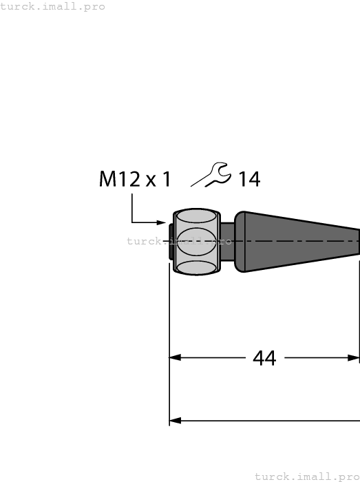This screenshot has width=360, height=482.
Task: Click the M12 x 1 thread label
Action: (135, 180)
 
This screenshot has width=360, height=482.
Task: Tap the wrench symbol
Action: (211, 175)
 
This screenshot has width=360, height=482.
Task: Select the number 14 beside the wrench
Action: (248, 180)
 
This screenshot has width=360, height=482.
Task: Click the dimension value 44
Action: (264, 358)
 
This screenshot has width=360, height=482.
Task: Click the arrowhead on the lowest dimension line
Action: (175, 420)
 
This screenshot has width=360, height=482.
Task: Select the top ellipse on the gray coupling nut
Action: (195, 218)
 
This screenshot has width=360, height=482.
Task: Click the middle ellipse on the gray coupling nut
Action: (195, 242)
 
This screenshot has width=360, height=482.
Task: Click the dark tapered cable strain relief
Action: (303, 241)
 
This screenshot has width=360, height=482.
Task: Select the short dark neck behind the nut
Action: (226, 241)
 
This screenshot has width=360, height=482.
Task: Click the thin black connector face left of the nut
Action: (170, 242)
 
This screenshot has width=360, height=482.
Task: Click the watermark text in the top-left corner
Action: (53, 6)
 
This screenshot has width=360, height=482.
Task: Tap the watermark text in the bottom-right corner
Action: (307, 476)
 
